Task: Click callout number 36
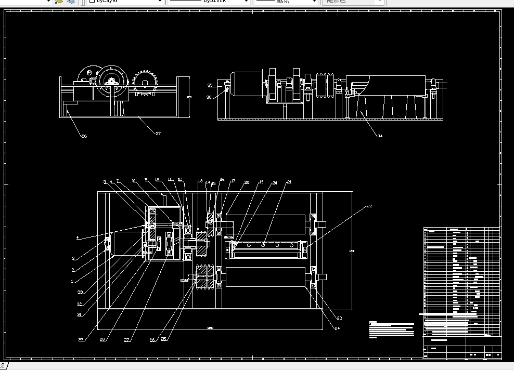[x=84, y=136]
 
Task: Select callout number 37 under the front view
[x=158, y=134]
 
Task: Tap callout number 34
[x=380, y=136]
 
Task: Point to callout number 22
[x=369, y=206]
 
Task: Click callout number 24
[x=337, y=328]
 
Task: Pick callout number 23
[x=339, y=318]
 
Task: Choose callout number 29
[x=81, y=340]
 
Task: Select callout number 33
[x=80, y=292]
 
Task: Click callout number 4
[x=78, y=237]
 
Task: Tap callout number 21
[x=289, y=182]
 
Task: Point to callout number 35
[x=210, y=85]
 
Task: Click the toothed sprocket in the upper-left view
[x=145, y=82]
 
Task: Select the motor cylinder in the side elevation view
[x=246, y=84]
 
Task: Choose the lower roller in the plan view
[x=266, y=277]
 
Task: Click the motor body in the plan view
[x=125, y=244]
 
